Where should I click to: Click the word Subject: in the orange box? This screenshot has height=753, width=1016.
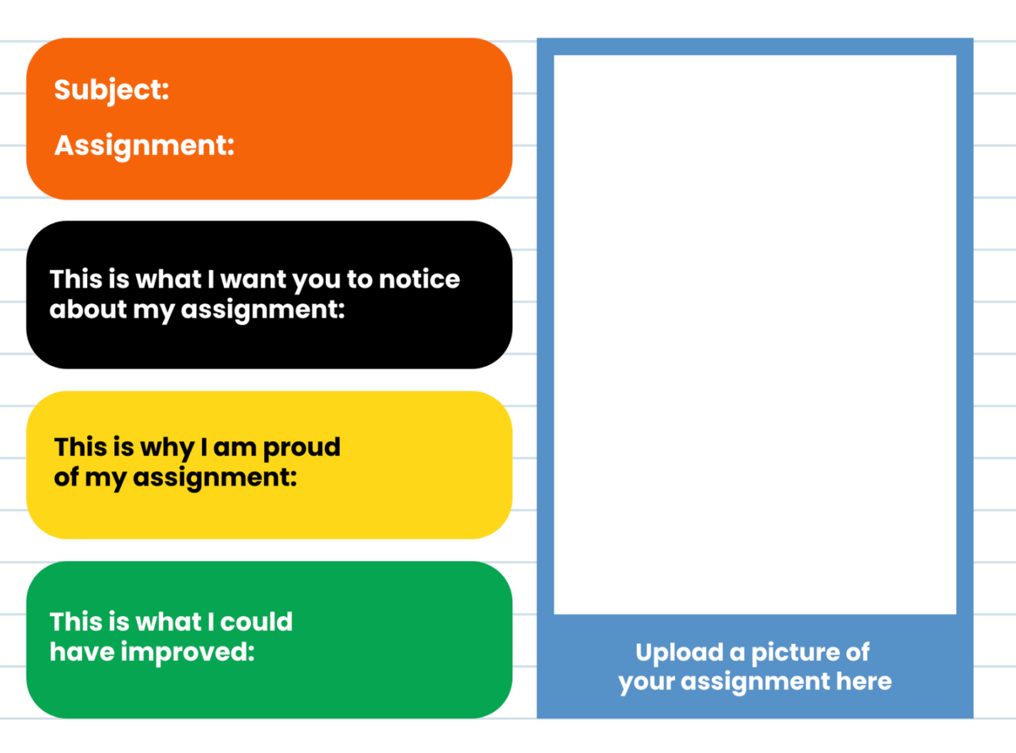tap(111, 90)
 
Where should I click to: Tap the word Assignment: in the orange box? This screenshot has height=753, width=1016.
tap(144, 146)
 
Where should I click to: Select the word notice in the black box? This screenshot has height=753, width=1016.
tap(419, 279)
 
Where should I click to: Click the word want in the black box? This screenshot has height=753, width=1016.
tap(253, 279)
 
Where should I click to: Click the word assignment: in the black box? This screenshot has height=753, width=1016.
tap(263, 310)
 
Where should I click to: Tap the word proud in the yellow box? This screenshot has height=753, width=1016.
tap(301, 448)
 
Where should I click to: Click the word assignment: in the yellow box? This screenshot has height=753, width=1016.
tap(215, 477)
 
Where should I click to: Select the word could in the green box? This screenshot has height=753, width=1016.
tap(256, 622)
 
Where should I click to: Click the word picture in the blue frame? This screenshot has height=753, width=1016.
tap(794, 652)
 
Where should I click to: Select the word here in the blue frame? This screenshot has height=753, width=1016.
tap(863, 682)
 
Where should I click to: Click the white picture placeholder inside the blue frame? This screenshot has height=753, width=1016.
tap(755, 334)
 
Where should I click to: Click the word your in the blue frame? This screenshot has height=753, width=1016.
tap(646, 682)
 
